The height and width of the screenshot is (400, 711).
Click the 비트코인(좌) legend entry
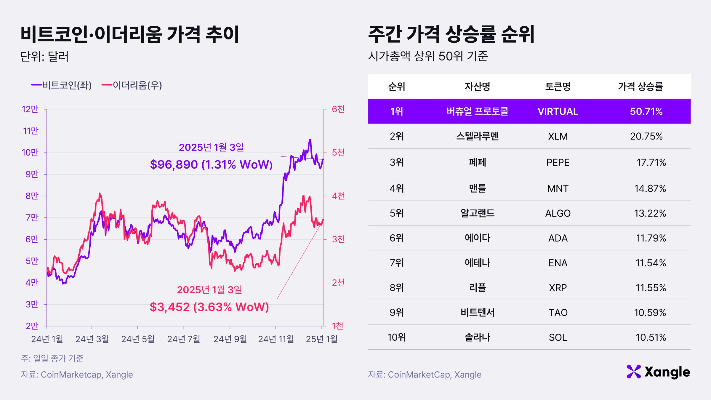tap(62, 85)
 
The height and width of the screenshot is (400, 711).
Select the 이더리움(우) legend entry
tap(132, 85)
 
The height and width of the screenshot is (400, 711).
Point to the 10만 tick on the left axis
tap(30, 153)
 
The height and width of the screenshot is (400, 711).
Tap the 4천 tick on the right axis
tap(338, 196)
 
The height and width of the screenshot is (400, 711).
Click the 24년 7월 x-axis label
tap(183, 339)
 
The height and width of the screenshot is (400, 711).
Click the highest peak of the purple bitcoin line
tap(310, 140)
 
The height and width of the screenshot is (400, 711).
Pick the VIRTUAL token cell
tap(558, 111)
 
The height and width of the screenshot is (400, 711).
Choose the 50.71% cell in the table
tap(646, 111)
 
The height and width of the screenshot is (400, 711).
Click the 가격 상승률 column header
tap(640, 87)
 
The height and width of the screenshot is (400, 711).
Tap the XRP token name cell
tap(558, 288)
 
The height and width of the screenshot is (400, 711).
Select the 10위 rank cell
tap(396, 337)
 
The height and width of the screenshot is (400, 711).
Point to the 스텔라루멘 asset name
tap(477, 136)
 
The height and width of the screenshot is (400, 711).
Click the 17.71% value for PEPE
tap(651, 162)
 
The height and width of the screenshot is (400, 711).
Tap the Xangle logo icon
tap(633, 372)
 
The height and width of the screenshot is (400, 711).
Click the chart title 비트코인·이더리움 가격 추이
tap(130, 35)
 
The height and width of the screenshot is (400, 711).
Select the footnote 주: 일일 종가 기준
tap(52, 359)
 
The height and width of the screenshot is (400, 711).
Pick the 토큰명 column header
tap(558, 87)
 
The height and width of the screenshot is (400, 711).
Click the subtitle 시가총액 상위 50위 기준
tap(428, 56)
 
